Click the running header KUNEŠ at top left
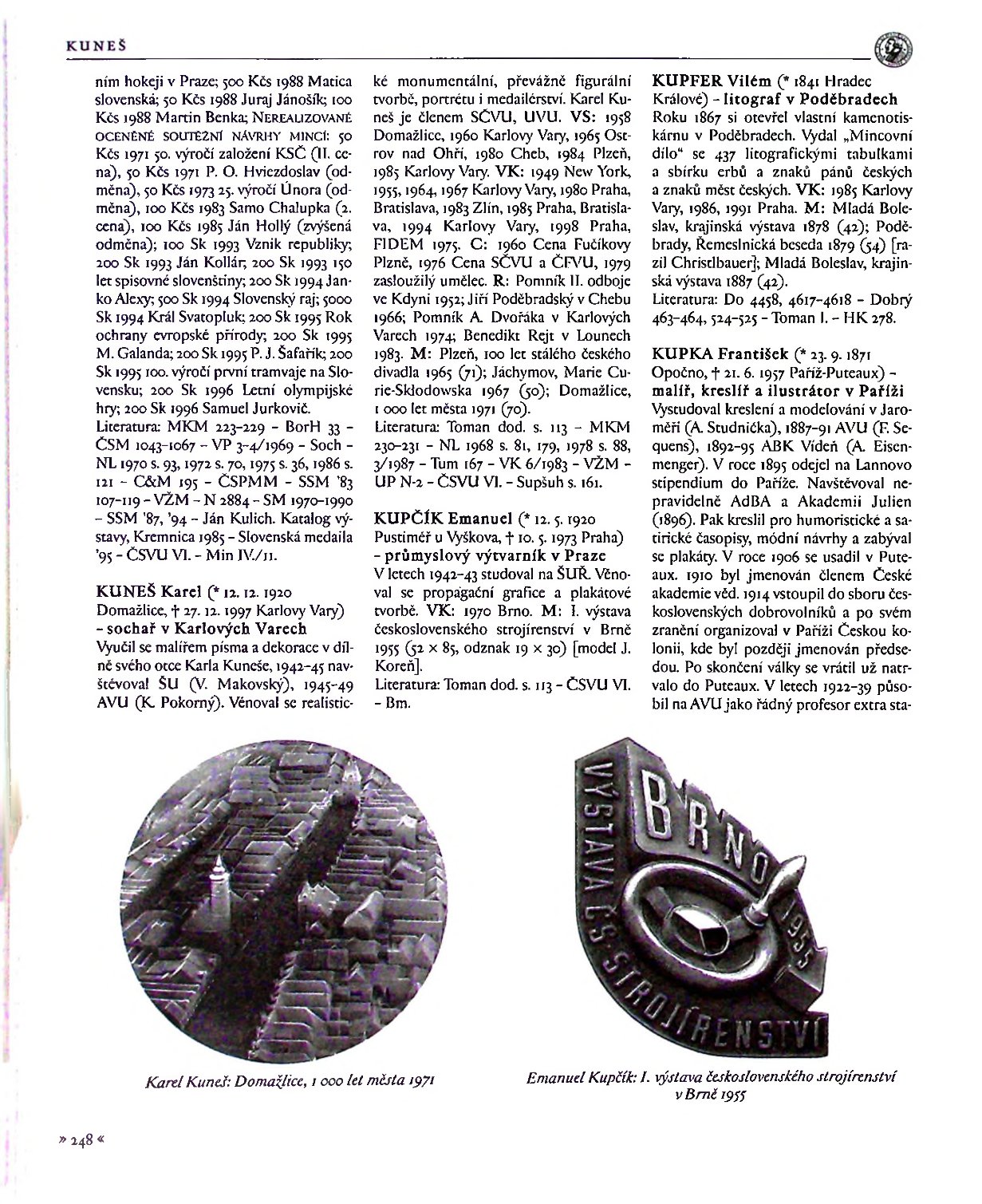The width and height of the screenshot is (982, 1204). pyautogui.click(x=87, y=46)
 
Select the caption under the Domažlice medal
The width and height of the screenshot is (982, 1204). pyautogui.click(x=290, y=1081)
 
